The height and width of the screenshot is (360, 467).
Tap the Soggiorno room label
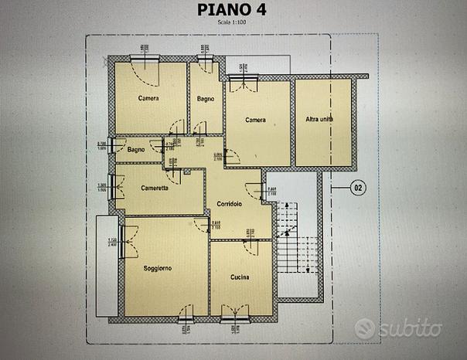pos(157,268)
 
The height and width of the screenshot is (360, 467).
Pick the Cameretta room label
pos(155,187)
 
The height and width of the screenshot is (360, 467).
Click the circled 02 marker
pos(358,186)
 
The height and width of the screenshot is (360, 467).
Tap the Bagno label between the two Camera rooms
pos(205,98)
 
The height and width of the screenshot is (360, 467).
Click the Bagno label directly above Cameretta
pos(137,149)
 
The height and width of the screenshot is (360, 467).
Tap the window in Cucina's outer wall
pos(233,318)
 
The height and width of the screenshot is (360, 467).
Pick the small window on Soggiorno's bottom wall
pos(185,318)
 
